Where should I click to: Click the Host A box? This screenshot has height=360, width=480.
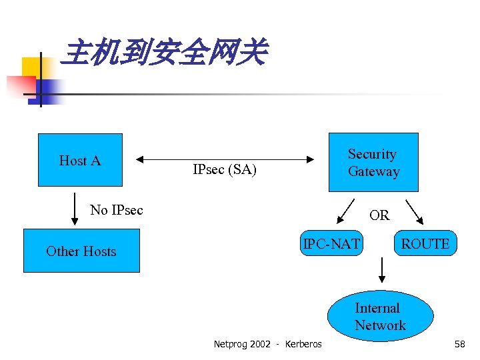click(x=80, y=160)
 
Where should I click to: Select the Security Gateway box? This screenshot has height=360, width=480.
click(x=373, y=163)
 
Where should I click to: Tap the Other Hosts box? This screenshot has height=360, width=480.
click(x=81, y=251)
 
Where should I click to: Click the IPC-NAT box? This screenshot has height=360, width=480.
click(x=331, y=245)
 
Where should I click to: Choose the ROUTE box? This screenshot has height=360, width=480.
click(x=425, y=245)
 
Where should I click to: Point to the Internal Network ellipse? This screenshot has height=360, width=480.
click(x=380, y=317)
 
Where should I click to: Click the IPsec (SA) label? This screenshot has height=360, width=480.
click(x=225, y=170)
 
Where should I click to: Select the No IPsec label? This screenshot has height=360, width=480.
click(x=117, y=210)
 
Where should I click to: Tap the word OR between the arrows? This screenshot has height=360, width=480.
click(x=379, y=215)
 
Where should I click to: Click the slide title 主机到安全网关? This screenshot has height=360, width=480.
click(x=163, y=53)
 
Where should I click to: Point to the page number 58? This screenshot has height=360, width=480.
click(x=459, y=344)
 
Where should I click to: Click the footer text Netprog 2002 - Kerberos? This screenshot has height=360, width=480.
click(x=267, y=344)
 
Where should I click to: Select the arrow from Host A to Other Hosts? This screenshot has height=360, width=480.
click(x=74, y=210)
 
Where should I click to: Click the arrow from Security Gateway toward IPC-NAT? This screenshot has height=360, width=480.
click(x=345, y=210)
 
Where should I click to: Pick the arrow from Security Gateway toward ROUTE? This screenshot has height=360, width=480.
click(x=415, y=210)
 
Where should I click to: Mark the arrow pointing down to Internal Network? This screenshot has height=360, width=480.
click(x=382, y=270)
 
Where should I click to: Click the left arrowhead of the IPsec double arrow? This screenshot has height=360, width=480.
click(x=140, y=159)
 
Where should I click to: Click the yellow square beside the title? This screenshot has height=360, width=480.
click(x=31, y=67)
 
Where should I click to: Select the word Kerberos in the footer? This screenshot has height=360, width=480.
click(x=303, y=344)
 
